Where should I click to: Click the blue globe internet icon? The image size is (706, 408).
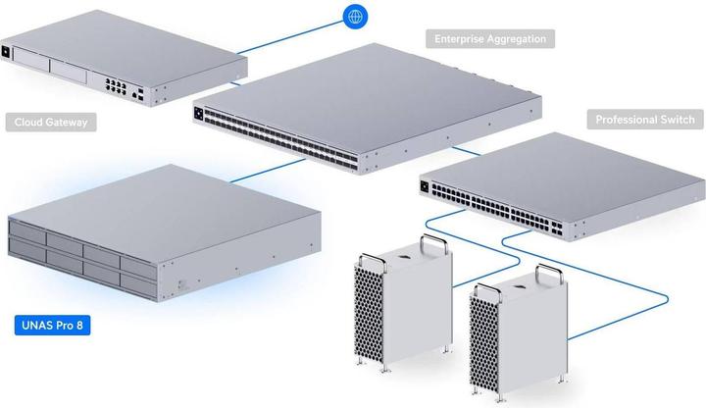click(354, 16)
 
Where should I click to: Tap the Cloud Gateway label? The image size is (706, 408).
click(50, 123)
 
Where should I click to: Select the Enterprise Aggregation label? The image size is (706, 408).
click(490, 39)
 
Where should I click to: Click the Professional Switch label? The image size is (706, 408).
click(644, 120)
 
